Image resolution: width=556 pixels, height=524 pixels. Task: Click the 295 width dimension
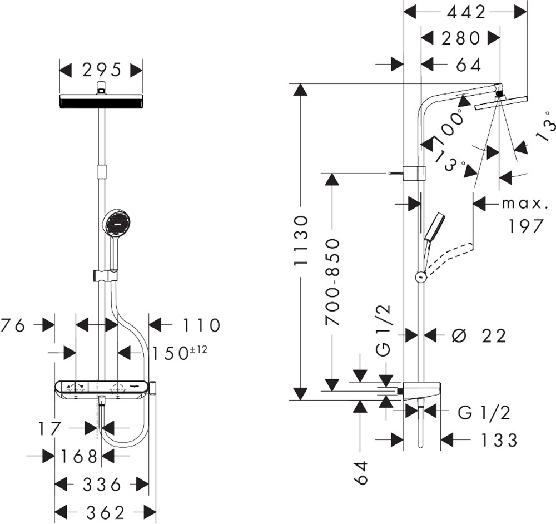tap(102, 70)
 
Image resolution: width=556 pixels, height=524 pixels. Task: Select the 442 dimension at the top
tap(466, 13)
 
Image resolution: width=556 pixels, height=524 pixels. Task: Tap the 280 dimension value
tap(461, 38)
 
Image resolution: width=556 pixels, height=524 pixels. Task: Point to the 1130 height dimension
tap(300, 240)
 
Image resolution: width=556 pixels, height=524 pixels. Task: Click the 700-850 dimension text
tap(332, 282)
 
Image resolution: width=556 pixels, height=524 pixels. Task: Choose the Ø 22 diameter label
tap(479, 335)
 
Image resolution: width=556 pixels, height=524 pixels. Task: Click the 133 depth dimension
tap(499, 440)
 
